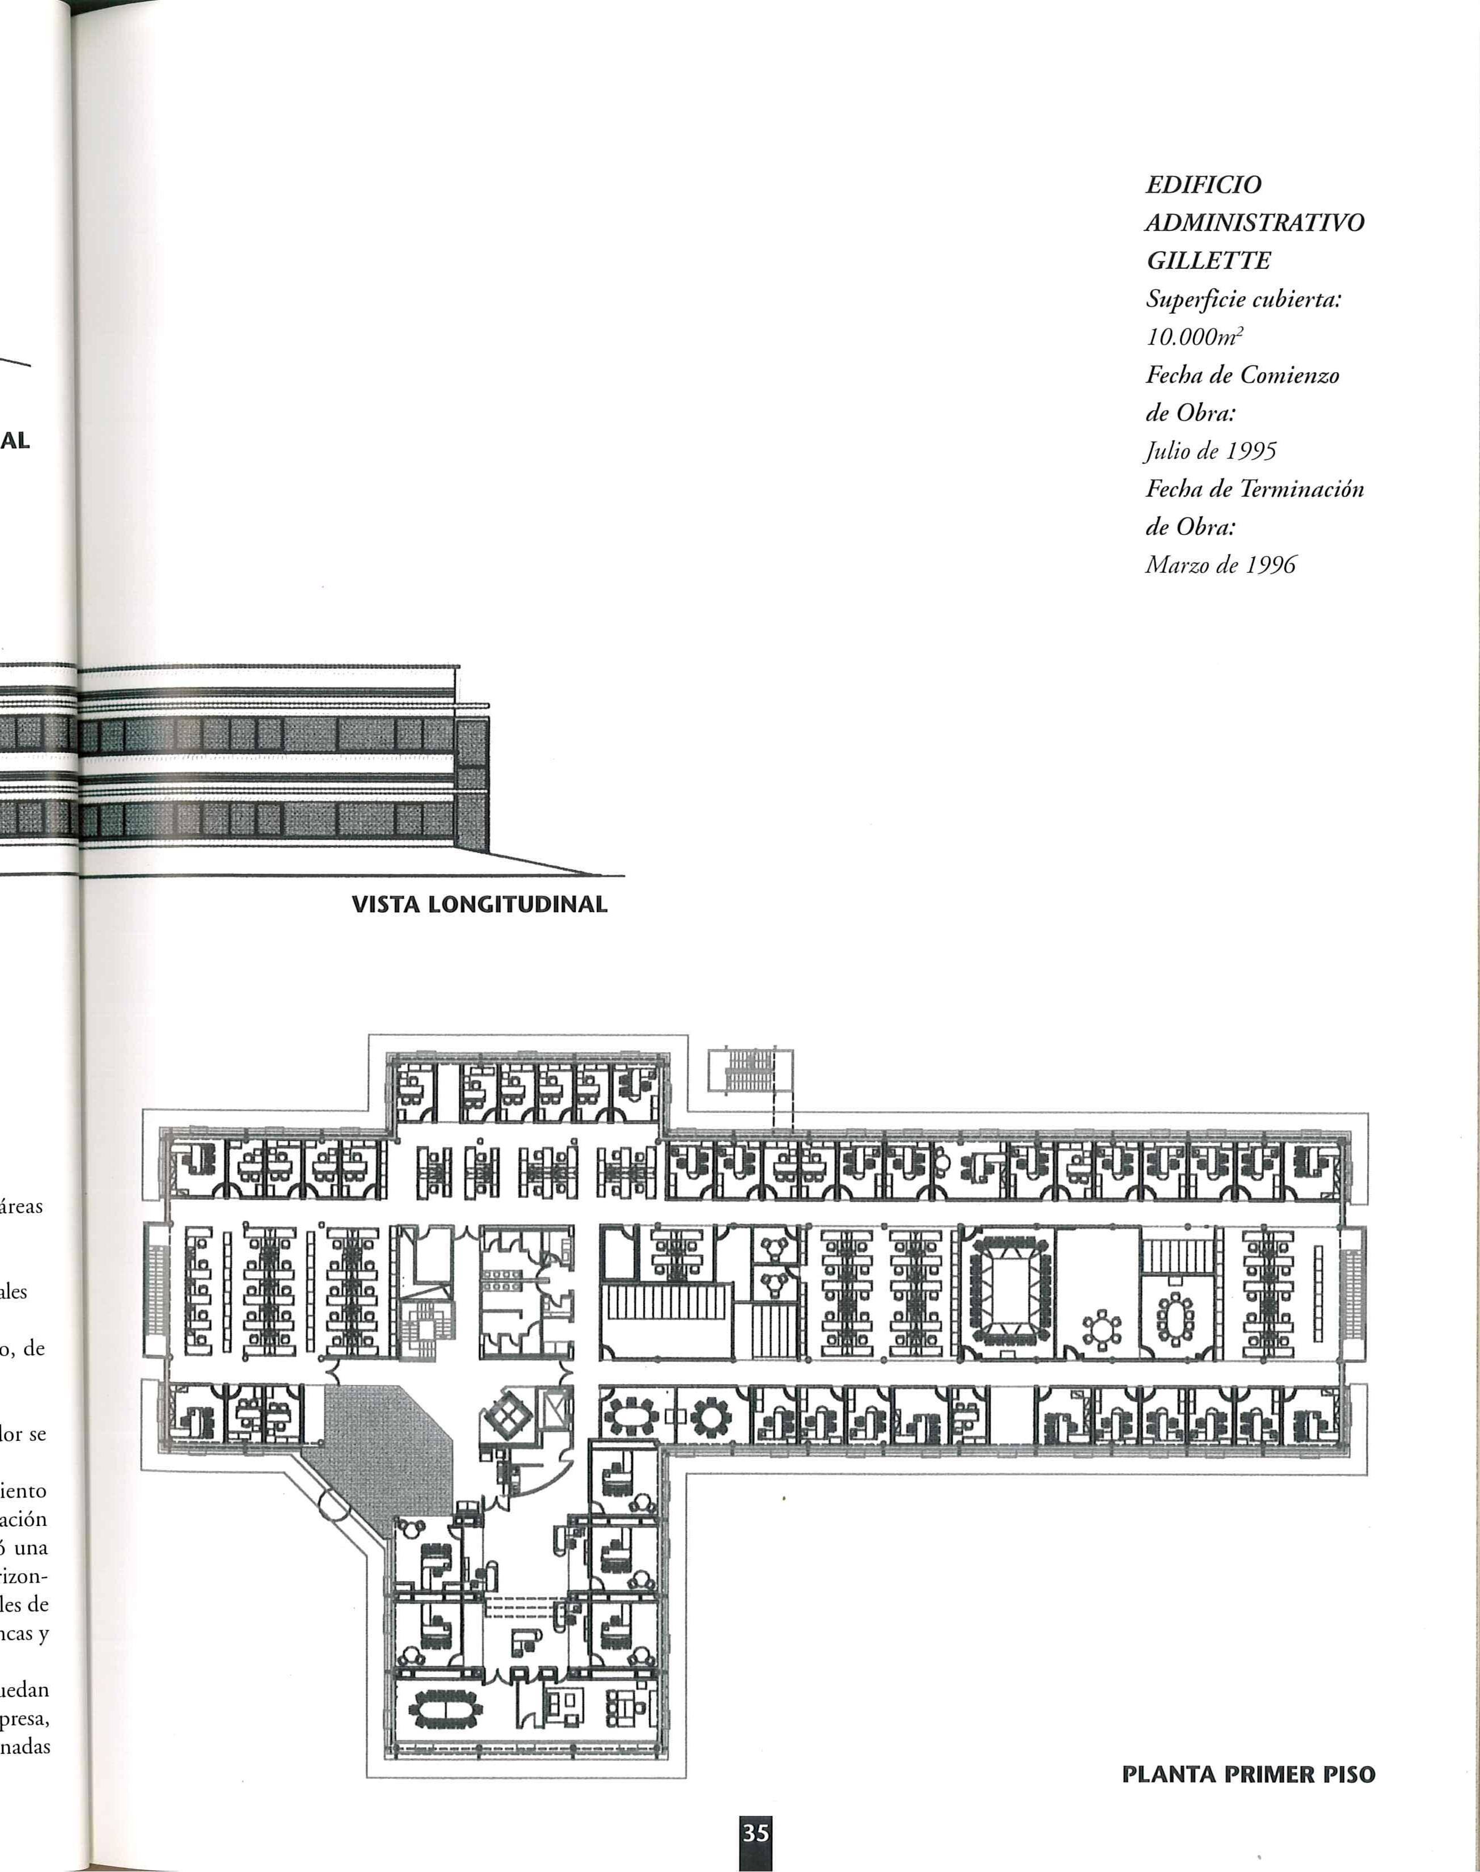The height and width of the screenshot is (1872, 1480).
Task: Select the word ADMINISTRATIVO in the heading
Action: tap(1253, 223)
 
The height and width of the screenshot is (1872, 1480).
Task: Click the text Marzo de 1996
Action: tap(1220, 565)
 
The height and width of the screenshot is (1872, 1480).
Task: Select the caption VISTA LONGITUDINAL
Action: tap(479, 905)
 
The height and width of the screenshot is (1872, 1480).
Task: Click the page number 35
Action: tap(755, 1833)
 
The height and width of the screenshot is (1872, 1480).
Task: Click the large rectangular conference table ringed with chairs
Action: tap(1009, 1289)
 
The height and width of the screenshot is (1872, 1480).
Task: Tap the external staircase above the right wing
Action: tap(750, 1070)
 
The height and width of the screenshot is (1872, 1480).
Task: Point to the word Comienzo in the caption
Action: tap(1289, 376)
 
